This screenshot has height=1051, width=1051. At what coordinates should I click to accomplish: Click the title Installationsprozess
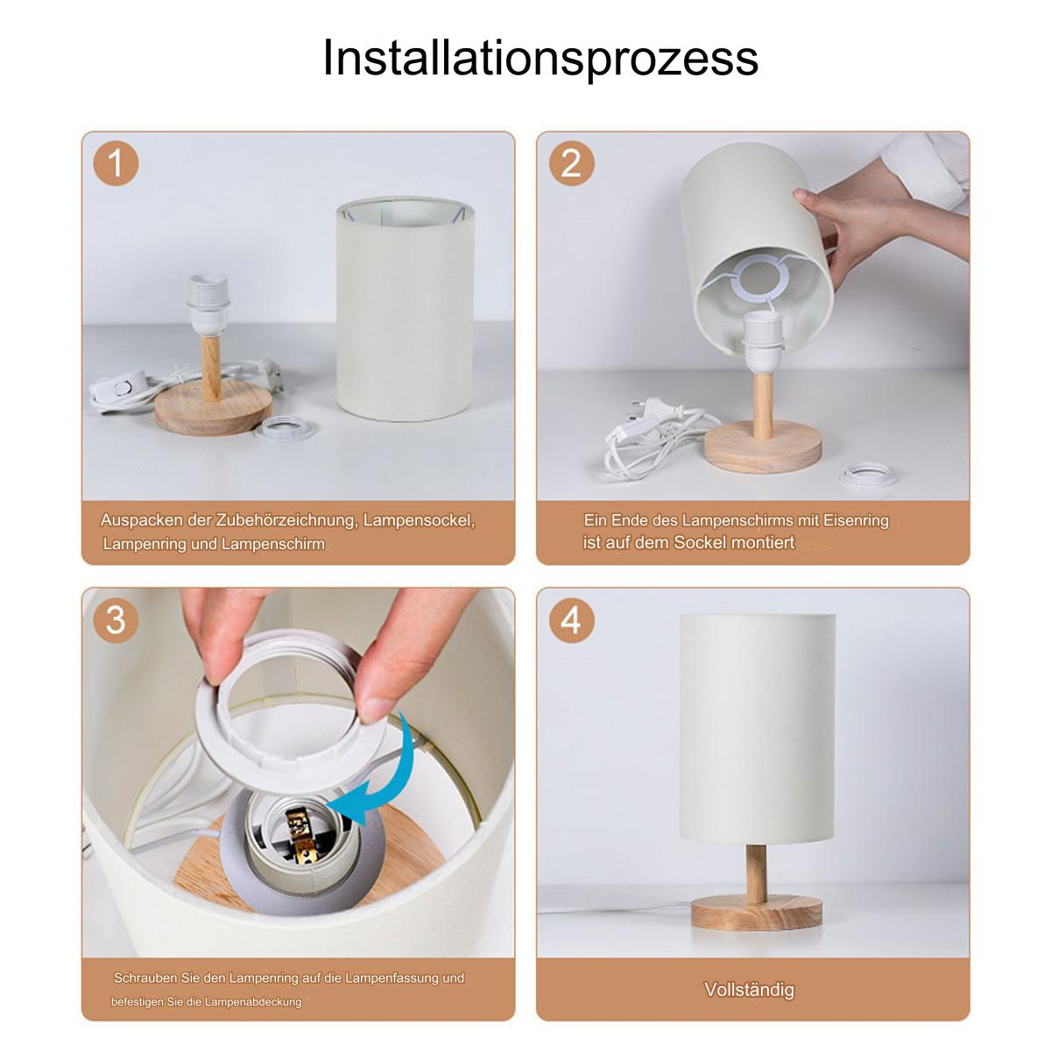click(540, 59)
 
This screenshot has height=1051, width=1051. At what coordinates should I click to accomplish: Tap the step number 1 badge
click(116, 163)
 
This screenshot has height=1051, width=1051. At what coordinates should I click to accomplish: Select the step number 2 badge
click(571, 163)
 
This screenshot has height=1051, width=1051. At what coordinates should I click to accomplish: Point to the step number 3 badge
click(116, 620)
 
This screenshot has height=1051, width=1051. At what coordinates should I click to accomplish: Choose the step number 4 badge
click(571, 620)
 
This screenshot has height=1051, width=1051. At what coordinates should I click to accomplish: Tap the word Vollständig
click(750, 990)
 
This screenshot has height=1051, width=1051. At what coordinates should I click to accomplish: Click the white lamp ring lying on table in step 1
click(286, 428)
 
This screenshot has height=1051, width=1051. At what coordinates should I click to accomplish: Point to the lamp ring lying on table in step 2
click(868, 476)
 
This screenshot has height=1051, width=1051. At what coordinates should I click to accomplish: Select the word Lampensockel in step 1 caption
click(419, 521)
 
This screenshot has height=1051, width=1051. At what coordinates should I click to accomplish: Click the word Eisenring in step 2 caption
click(856, 520)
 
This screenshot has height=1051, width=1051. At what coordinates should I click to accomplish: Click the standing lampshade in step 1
click(405, 308)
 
